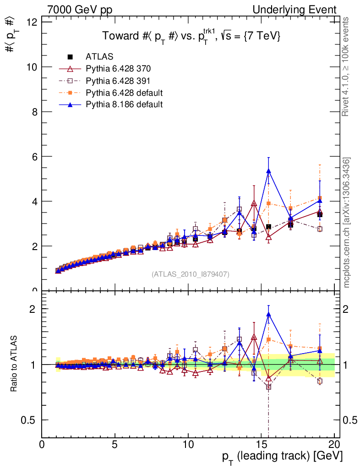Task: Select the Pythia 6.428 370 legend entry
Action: [x=118, y=69]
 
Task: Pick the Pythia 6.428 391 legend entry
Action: [x=118, y=81]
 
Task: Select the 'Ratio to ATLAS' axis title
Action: [x=14, y=364]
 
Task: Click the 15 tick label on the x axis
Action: [x=261, y=444]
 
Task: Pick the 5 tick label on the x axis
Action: [x=115, y=444]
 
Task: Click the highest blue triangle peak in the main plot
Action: [x=269, y=171]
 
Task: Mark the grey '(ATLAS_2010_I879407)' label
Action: [x=191, y=274]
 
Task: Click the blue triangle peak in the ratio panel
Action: [x=269, y=314]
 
